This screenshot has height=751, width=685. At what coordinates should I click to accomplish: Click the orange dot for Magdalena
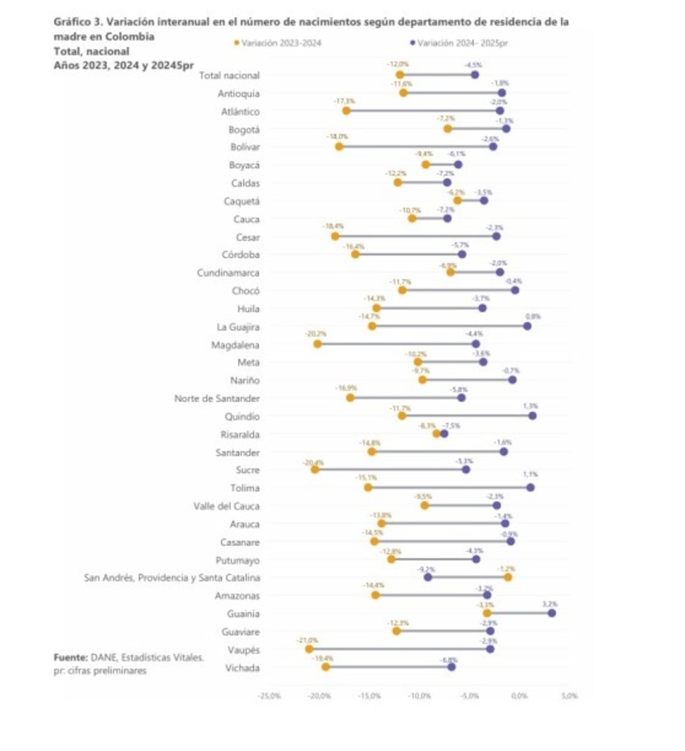click(317, 344)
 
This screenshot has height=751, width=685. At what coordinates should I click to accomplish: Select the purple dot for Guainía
click(552, 613)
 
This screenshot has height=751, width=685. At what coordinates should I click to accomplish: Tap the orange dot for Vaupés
click(309, 649)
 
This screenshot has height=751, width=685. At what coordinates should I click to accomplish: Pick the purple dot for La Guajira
click(527, 326)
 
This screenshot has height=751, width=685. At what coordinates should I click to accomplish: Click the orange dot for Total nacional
click(400, 74)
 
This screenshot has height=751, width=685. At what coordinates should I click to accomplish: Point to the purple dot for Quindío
click(532, 416)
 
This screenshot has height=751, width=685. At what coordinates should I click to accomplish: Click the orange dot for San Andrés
click(508, 577)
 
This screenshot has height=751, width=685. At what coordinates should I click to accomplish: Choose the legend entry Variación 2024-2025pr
click(459, 43)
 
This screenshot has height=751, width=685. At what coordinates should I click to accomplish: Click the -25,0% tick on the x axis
click(269, 696)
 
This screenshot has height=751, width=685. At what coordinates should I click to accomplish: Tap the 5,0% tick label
click(569, 696)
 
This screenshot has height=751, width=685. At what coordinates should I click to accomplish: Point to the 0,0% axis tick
click(519, 696)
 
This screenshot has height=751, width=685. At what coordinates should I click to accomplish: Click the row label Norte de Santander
click(217, 399)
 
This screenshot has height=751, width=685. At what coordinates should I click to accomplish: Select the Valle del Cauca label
click(226, 506)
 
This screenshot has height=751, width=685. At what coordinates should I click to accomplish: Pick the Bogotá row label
click(244, 130)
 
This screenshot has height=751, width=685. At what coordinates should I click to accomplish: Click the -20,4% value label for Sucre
click(314, 462)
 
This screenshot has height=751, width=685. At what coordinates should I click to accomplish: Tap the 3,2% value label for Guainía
click(550, 604)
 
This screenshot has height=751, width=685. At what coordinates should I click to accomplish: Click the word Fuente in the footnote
click(70, 657)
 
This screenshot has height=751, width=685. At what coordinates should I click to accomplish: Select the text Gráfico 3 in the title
click(77, 22)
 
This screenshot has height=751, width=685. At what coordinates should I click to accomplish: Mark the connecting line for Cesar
click(415, 236)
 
